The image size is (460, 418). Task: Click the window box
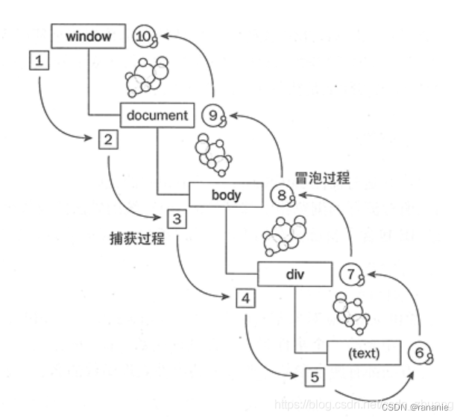(x=88, y=36)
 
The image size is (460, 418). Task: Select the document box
(x=157, y=115)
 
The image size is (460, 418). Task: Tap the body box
(x=226, y=194)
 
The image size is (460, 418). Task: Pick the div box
(x=294, y=274)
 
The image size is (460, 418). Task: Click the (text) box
(x=364, y=353)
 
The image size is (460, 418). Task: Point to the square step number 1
(x=39, y=60)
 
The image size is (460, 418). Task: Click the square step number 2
(x=107, y=139)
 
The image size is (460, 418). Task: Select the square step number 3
(x=177, y=219)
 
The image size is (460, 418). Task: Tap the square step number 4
(x=245, y=299)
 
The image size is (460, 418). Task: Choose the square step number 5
(x=315, y=377)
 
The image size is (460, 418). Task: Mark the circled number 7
(x=350, y=274)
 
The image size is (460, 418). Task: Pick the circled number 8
(x=281, y=195)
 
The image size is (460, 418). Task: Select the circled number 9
(x=213, y=115)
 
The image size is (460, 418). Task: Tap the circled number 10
(x=144, y=36)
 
